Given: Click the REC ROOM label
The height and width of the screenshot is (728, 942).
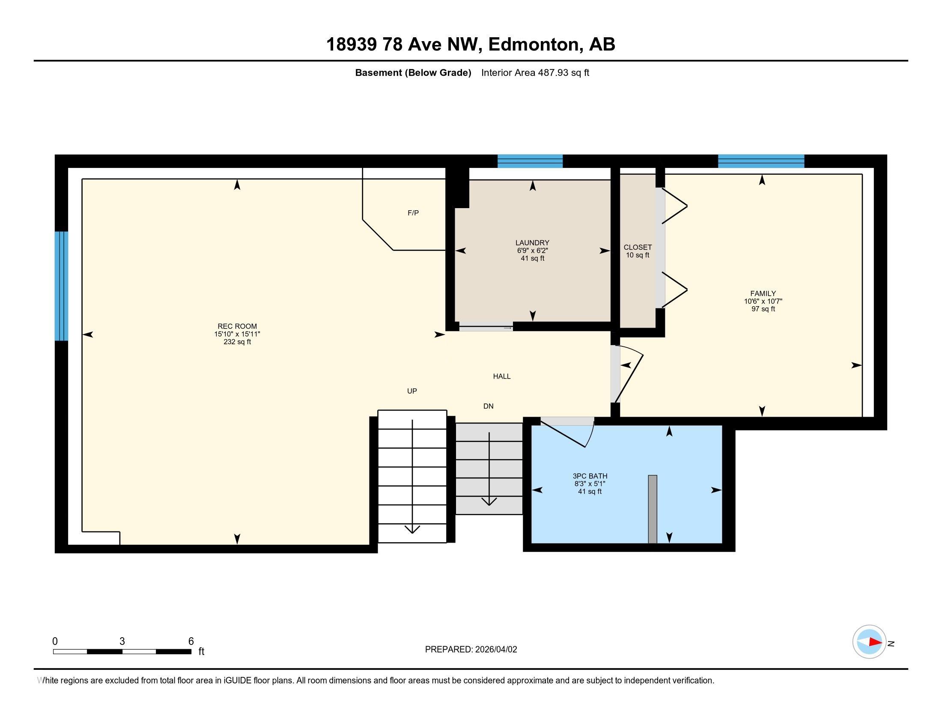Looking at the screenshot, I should (237, 326).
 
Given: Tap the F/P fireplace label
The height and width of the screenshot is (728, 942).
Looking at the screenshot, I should (413, 213).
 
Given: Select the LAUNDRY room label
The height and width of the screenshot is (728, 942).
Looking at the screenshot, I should (532, 243).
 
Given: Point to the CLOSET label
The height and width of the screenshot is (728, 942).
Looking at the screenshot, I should (638, 248).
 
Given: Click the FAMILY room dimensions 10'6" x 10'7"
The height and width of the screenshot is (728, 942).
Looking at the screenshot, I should (763, 301).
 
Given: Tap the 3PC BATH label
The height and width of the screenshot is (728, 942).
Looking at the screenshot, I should (590, 476).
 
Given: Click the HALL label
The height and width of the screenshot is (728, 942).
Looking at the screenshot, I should (502, 376).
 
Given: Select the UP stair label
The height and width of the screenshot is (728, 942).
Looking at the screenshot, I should (412, 391).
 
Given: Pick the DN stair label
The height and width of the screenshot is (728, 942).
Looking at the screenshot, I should (488, 406).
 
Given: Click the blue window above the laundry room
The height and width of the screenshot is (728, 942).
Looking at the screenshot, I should (530, 161).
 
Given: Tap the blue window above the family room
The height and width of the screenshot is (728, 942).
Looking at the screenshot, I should (761, 161).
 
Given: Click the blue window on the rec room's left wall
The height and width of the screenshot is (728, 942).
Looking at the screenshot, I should (61, 286).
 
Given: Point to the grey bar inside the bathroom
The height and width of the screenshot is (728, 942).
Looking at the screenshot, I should (653, 509).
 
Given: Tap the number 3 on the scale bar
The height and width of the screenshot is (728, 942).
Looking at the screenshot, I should (122, 641).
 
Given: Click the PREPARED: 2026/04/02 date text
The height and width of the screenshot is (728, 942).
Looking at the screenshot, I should (471, 650).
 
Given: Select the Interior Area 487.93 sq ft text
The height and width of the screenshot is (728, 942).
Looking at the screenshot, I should (535, 73).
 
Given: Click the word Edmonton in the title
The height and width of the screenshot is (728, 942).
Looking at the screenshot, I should (534, 45).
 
